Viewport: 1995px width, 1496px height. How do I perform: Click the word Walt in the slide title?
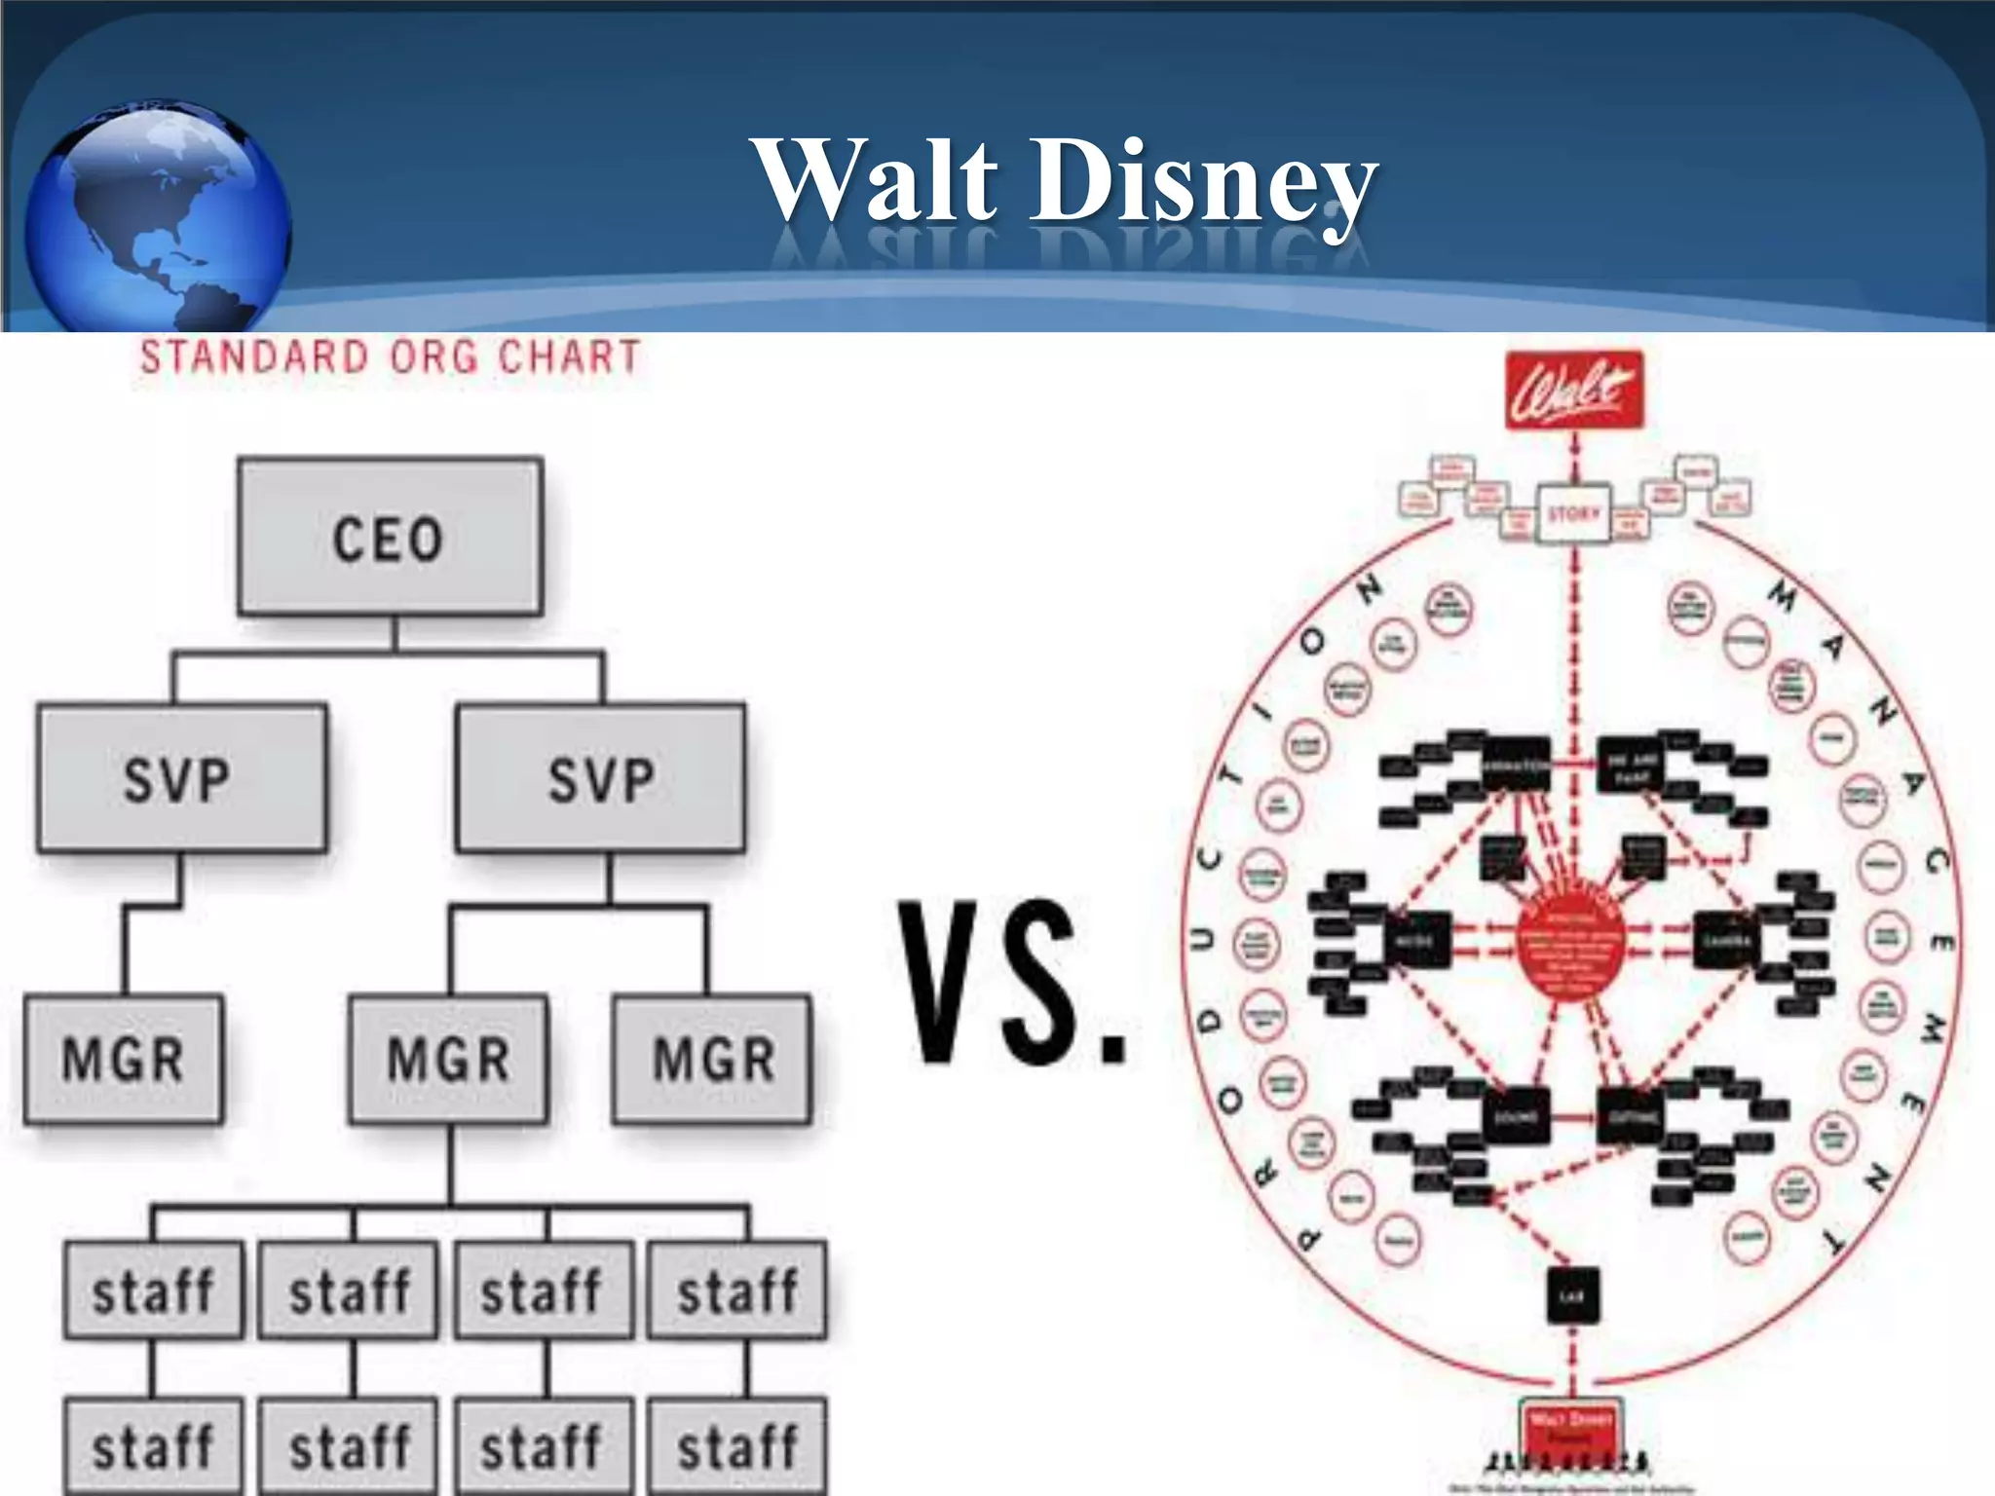pyautogui.click(x=876, y=180)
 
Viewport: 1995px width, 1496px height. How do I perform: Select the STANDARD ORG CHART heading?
pyautogui.click(x=390, y=356)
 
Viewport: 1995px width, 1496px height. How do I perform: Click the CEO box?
pyautogui.click(x=390, y=537)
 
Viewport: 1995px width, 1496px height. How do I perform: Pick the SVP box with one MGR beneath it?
pyautogui.click(x=181, y=778)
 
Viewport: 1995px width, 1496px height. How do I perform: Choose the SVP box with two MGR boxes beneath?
pyautogui.click(x=600, y=778)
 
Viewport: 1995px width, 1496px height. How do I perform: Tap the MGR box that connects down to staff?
pyautogui.click(x=448, y=1059)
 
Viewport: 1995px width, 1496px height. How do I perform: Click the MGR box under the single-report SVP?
pyautogui.click(x=124, y=1059)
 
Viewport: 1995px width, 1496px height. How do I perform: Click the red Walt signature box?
pyautogui.click(x=1574, y=390)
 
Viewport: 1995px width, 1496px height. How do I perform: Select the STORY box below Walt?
pyautogui.click(x=1574, y=513)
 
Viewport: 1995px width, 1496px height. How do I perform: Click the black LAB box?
pyautogui.click(x=1572, y=1295)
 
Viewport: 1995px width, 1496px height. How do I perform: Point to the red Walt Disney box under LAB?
pyautogui.click(x=1571, y=1428)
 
